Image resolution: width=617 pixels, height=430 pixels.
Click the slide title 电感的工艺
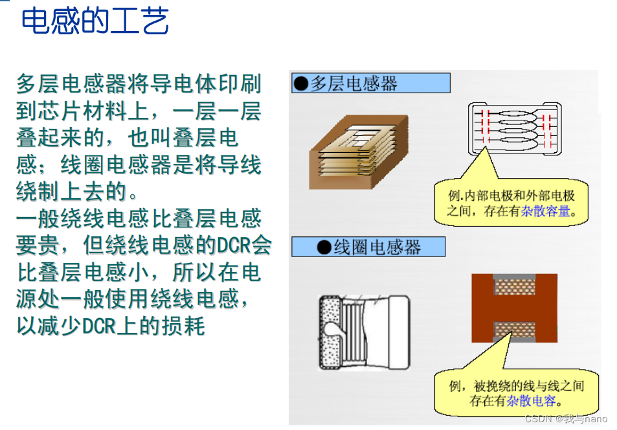tap(95, 21)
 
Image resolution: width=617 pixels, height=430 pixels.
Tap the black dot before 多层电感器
tap(301, 83)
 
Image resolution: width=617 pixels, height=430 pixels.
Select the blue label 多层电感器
tap(371, 83)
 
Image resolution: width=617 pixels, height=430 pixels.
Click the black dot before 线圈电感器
tap(324, 247)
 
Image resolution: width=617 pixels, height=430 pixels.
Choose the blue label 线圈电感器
tap(368, 247)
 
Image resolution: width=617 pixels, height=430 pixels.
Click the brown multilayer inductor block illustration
tap(359, 152)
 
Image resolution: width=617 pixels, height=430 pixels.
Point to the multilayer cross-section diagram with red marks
tap(515, 129)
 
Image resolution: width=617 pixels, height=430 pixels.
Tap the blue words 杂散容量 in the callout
tap(546, 212)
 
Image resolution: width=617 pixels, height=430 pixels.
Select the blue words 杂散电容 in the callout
tap(532, 401)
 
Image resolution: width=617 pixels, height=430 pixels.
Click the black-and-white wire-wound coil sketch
tap(364, 333)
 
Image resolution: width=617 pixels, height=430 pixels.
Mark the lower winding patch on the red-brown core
tap(515, 330)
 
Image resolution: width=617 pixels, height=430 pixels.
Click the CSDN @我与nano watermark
tap(566, 418)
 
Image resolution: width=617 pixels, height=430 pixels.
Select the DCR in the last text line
tap(100, 326)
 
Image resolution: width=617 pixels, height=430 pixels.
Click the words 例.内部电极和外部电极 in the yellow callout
tap(511, 196)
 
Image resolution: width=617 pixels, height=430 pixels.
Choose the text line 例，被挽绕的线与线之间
tap(517, 385)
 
